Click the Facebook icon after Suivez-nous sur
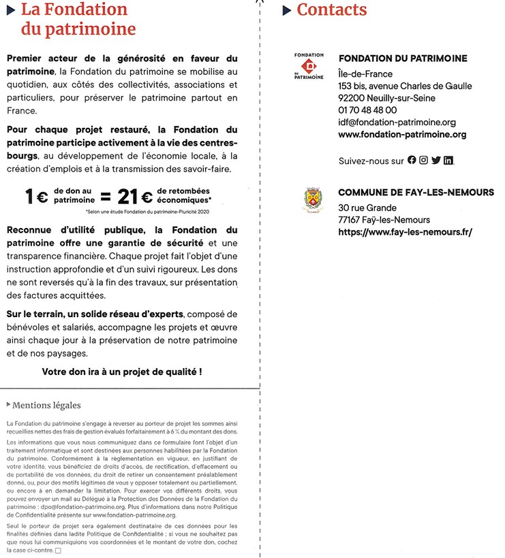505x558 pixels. tap(412, 161)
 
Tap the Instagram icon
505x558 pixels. tap(423, 161)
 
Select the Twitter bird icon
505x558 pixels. tap(435, 161)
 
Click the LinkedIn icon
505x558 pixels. tap(448, 161)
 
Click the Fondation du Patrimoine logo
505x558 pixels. tap(309, 67)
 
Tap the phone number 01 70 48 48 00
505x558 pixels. tap(367, 110)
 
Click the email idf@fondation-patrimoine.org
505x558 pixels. tap(397, 122)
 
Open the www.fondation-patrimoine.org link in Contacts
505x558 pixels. tap(402, 135)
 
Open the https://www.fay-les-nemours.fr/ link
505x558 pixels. tap(405, 232)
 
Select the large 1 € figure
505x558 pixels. tap(36, 197)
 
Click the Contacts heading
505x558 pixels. tap(331, 10)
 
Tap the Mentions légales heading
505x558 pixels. tap(46, 406)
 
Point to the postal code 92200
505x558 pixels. tap(353, 98)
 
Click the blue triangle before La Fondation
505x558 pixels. tap(10, 10)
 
